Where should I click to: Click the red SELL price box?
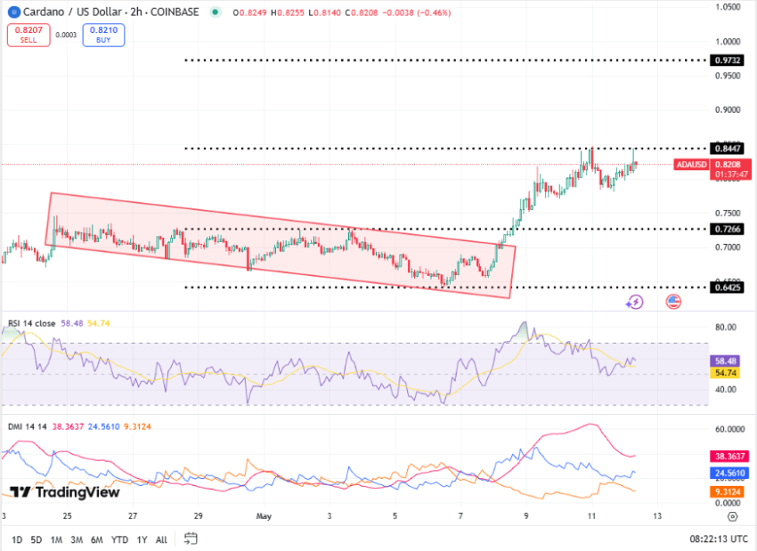click(29, 34)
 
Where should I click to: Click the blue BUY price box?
click(103, 34)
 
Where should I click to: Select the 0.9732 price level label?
click(728, 61)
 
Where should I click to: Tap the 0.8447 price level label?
click(728, 148)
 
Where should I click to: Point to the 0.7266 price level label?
click(728, 229)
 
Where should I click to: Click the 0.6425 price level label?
click(728, 287)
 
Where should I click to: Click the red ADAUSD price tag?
click(691, 165)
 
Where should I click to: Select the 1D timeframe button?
click(17, 539)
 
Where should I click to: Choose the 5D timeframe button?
click(36, 539)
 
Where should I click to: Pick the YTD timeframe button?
click(118, 539)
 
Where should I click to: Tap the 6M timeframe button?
click(96, 539)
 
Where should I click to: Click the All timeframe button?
click(161, 539)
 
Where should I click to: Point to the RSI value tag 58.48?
click(728, 361)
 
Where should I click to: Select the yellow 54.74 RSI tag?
click(728, 374)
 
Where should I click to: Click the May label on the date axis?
click(263, 515)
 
